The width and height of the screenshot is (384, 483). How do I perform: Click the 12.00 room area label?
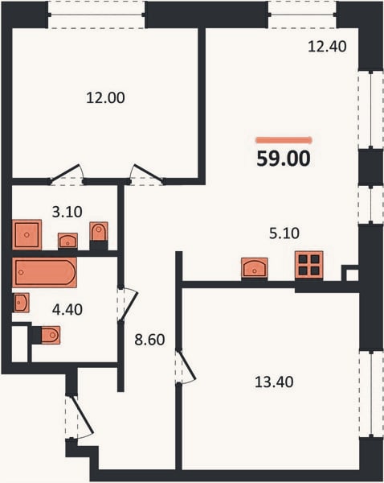click(x=105, y=98)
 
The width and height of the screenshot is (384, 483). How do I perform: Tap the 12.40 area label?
click(x=327, y=47)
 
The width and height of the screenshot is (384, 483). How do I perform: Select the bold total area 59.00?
click(x=284, y=159)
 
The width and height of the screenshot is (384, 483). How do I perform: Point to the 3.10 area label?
click(x=67, y=212)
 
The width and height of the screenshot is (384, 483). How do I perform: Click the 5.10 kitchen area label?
click(x=284, y=233)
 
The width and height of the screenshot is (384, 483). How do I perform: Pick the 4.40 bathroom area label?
click(x=67, y=310)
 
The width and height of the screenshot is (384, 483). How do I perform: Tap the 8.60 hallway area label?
click(x=149, y=340)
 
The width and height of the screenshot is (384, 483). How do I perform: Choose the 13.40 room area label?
click(x=274, y=382)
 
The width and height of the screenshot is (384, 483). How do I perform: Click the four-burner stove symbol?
click(x=309, y=265)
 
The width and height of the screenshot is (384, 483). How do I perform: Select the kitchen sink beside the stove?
click(x=255, y=268)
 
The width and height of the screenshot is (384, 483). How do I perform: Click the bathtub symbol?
click(x=44, y=273)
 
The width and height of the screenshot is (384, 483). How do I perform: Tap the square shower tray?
click(x=27, y=235)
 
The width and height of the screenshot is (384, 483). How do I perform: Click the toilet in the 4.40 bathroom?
click(x=51, y=335)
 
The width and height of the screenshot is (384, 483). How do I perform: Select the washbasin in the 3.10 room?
click(x=67, y=241)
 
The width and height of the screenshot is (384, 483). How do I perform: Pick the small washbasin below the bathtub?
click(x=22, y=303)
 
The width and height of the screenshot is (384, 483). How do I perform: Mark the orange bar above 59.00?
click(x=284, y=140)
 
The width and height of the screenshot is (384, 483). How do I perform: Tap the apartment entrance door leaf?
click(x=83, y=415)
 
